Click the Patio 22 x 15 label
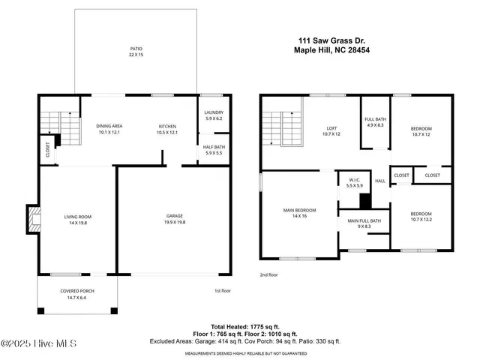(x=136, y=52)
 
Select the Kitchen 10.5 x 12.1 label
(x=167, y=129)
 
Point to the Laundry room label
(x=214, y=115)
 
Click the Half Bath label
(x=214, y=149)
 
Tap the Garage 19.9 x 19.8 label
(x=174, y=219)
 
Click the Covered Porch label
(x=77, y=294)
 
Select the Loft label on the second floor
(x=331, y=130)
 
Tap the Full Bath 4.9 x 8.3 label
(x=375, y=122)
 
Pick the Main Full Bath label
(x=364, y=223)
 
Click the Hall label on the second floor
(x=380, y=181)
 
